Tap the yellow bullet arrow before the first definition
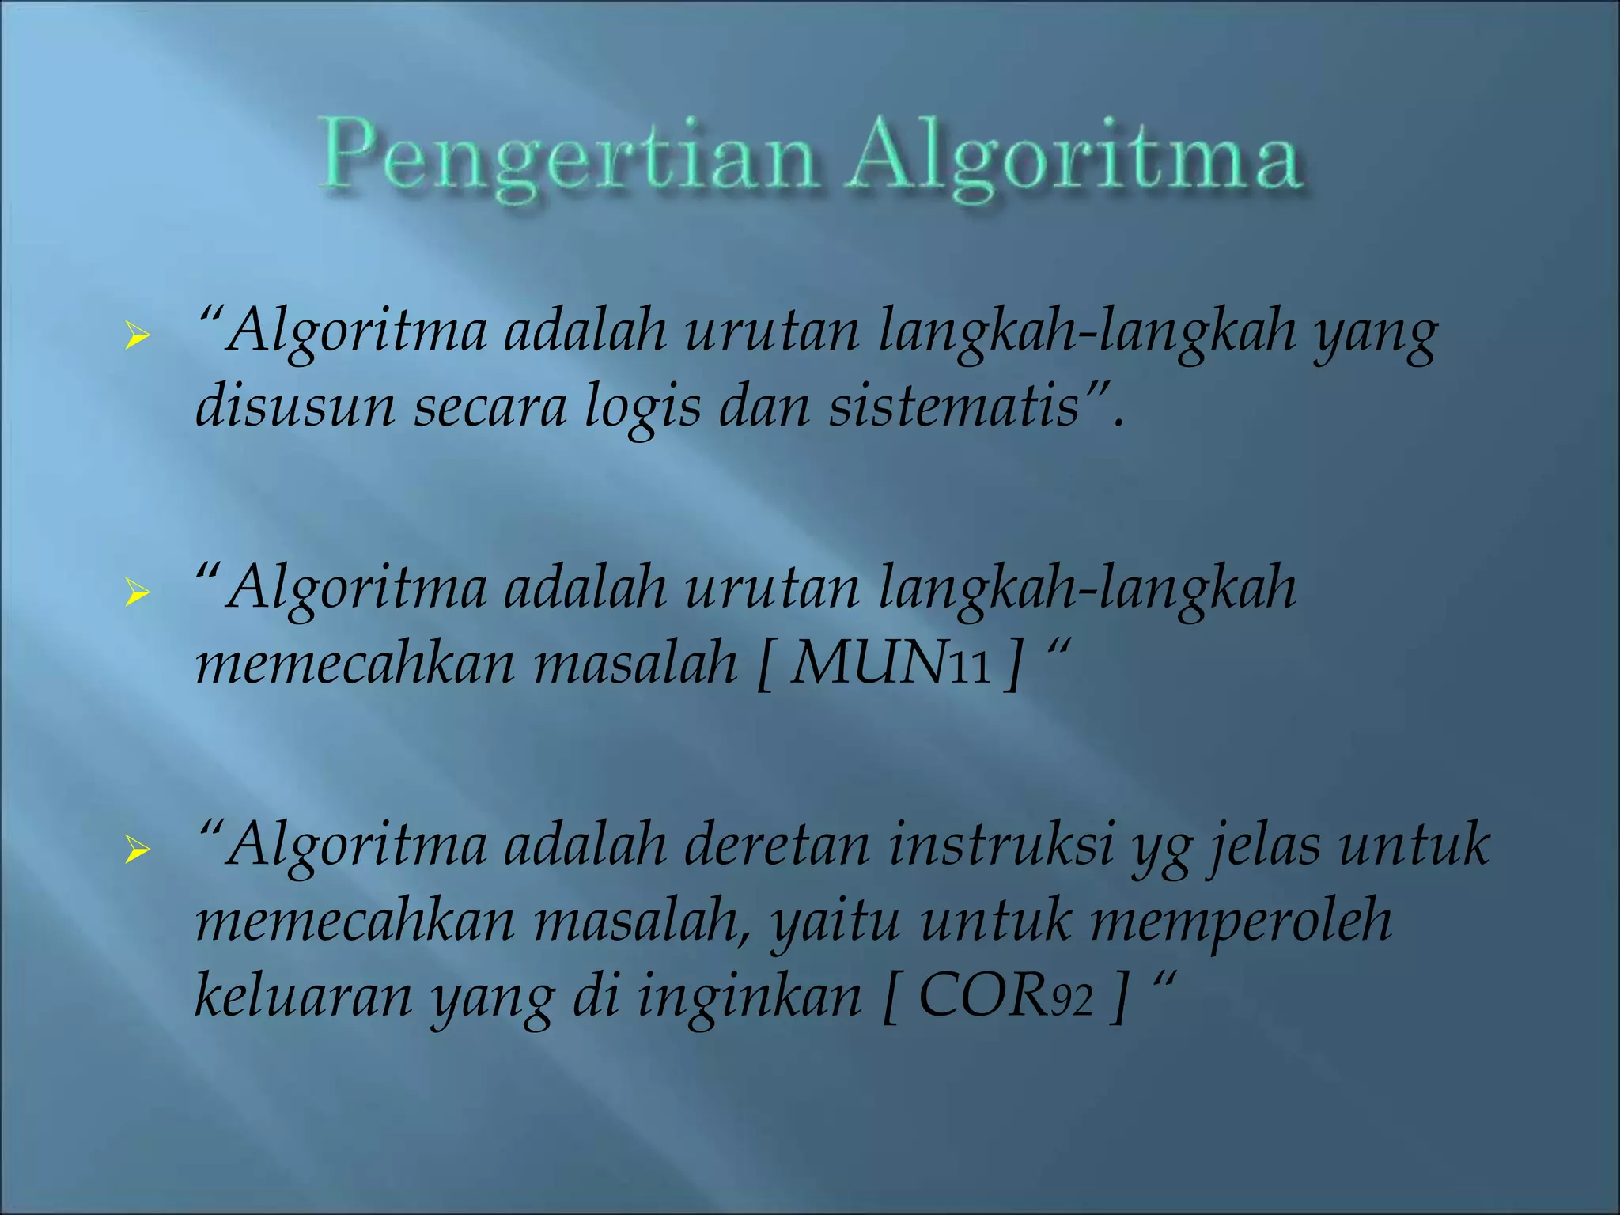[137, 336]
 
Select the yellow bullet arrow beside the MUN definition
[137, 592]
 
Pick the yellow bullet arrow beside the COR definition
[137, 850]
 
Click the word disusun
[294, 407]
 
